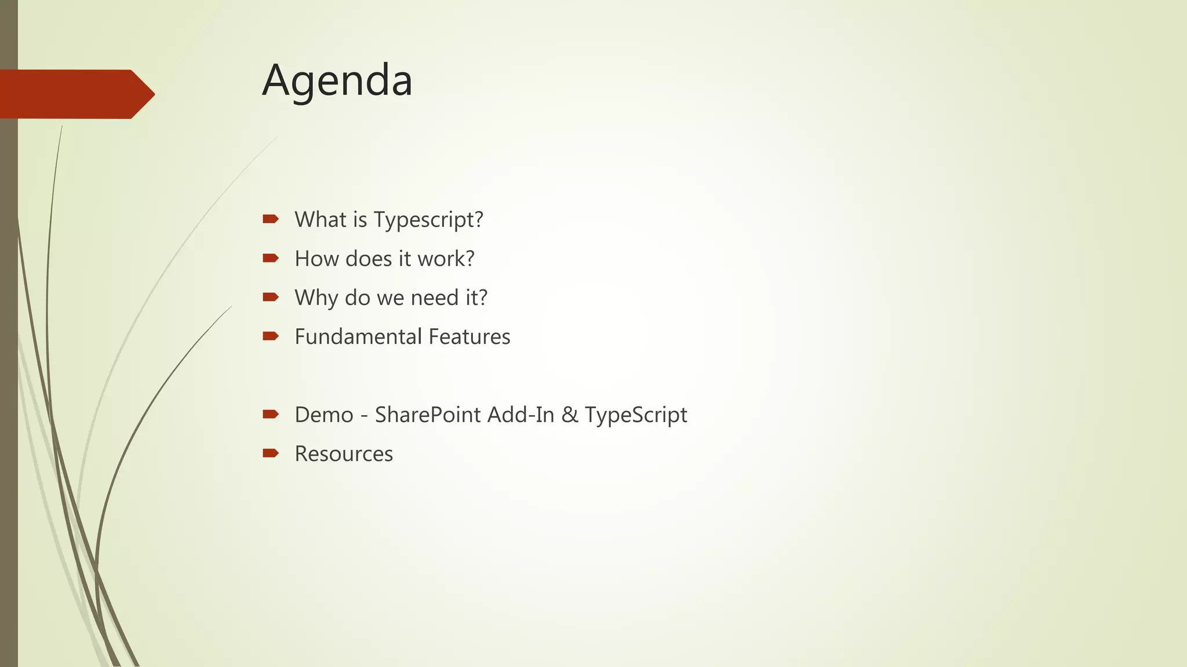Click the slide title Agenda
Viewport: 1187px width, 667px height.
click(337, 80)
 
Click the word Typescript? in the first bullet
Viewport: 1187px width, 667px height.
click(428, 220)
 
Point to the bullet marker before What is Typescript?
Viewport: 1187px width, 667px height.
click(270, 219)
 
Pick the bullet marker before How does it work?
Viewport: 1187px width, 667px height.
click(270, 258)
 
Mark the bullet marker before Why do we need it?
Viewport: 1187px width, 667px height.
click(270, 297)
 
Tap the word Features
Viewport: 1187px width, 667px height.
click(469, 336)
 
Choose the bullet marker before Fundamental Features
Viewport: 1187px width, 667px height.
click(270, 336)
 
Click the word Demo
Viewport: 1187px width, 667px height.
click(323, 415)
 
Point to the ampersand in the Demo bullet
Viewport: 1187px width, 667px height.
click(570, 415)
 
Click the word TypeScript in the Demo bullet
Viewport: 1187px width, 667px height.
click(636, 415)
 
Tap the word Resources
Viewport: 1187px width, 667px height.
click(344, 454)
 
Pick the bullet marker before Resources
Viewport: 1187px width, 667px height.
click(270, 453)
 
